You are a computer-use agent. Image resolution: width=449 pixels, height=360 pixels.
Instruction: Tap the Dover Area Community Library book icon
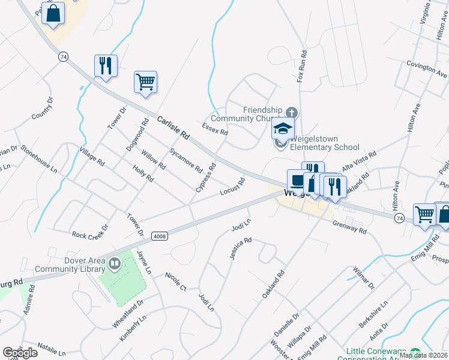(x=115, y=262)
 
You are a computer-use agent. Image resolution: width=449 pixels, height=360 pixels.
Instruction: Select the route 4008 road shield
(x=159, y=236)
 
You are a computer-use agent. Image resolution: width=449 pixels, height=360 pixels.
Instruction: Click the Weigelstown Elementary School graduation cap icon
(x=283, y=128)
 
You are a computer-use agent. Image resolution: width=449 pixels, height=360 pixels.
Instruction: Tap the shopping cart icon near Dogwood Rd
(x=145, y=81)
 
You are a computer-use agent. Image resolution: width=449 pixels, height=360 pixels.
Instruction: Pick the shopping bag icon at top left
(x=53, y=13)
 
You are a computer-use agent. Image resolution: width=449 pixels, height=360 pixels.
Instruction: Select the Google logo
(x=20, y=352)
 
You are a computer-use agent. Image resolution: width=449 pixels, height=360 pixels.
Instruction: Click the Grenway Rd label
(x=350, y=226)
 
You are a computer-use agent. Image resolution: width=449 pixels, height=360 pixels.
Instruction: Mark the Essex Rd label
(x=215, y=129)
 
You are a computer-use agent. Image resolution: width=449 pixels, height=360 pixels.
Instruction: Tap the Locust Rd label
(x=232, y=186)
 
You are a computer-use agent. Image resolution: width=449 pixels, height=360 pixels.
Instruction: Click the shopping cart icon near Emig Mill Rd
(x=424, y=214)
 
